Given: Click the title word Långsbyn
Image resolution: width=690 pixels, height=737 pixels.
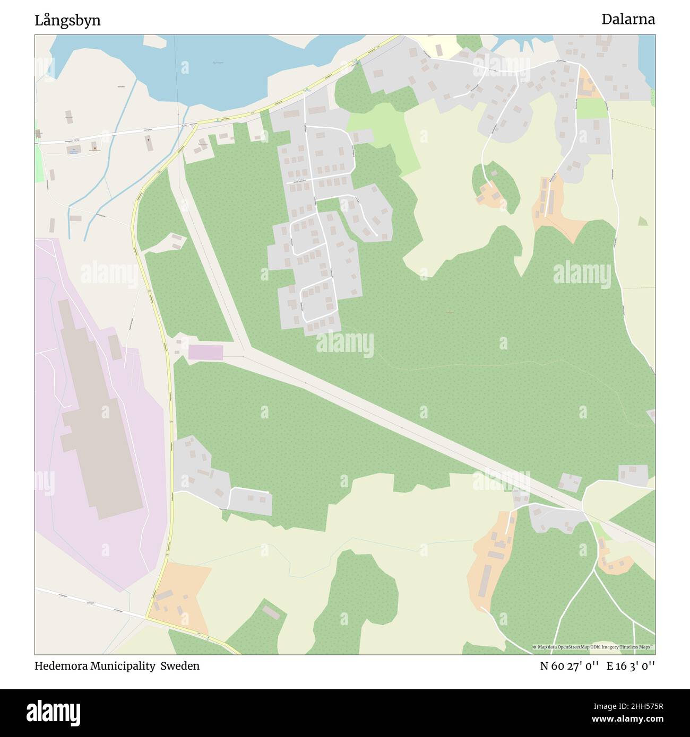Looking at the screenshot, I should (67, 21).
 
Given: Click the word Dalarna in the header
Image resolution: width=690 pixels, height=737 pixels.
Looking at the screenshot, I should (628, 20).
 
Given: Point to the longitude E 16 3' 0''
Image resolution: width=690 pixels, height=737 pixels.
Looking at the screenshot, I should (631, 666).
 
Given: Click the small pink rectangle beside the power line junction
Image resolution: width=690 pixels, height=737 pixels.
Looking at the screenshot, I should (205, 352).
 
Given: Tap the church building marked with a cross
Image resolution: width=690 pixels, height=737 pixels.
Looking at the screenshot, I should (148, 142).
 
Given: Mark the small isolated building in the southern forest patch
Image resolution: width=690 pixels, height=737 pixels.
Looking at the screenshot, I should (271, 613).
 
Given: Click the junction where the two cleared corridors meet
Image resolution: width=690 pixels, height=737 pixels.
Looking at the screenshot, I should (245, 350).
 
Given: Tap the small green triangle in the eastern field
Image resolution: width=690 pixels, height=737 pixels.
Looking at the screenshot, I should (643, 221).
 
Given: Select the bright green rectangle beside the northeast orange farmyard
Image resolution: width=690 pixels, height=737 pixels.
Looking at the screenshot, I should (591, 109).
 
